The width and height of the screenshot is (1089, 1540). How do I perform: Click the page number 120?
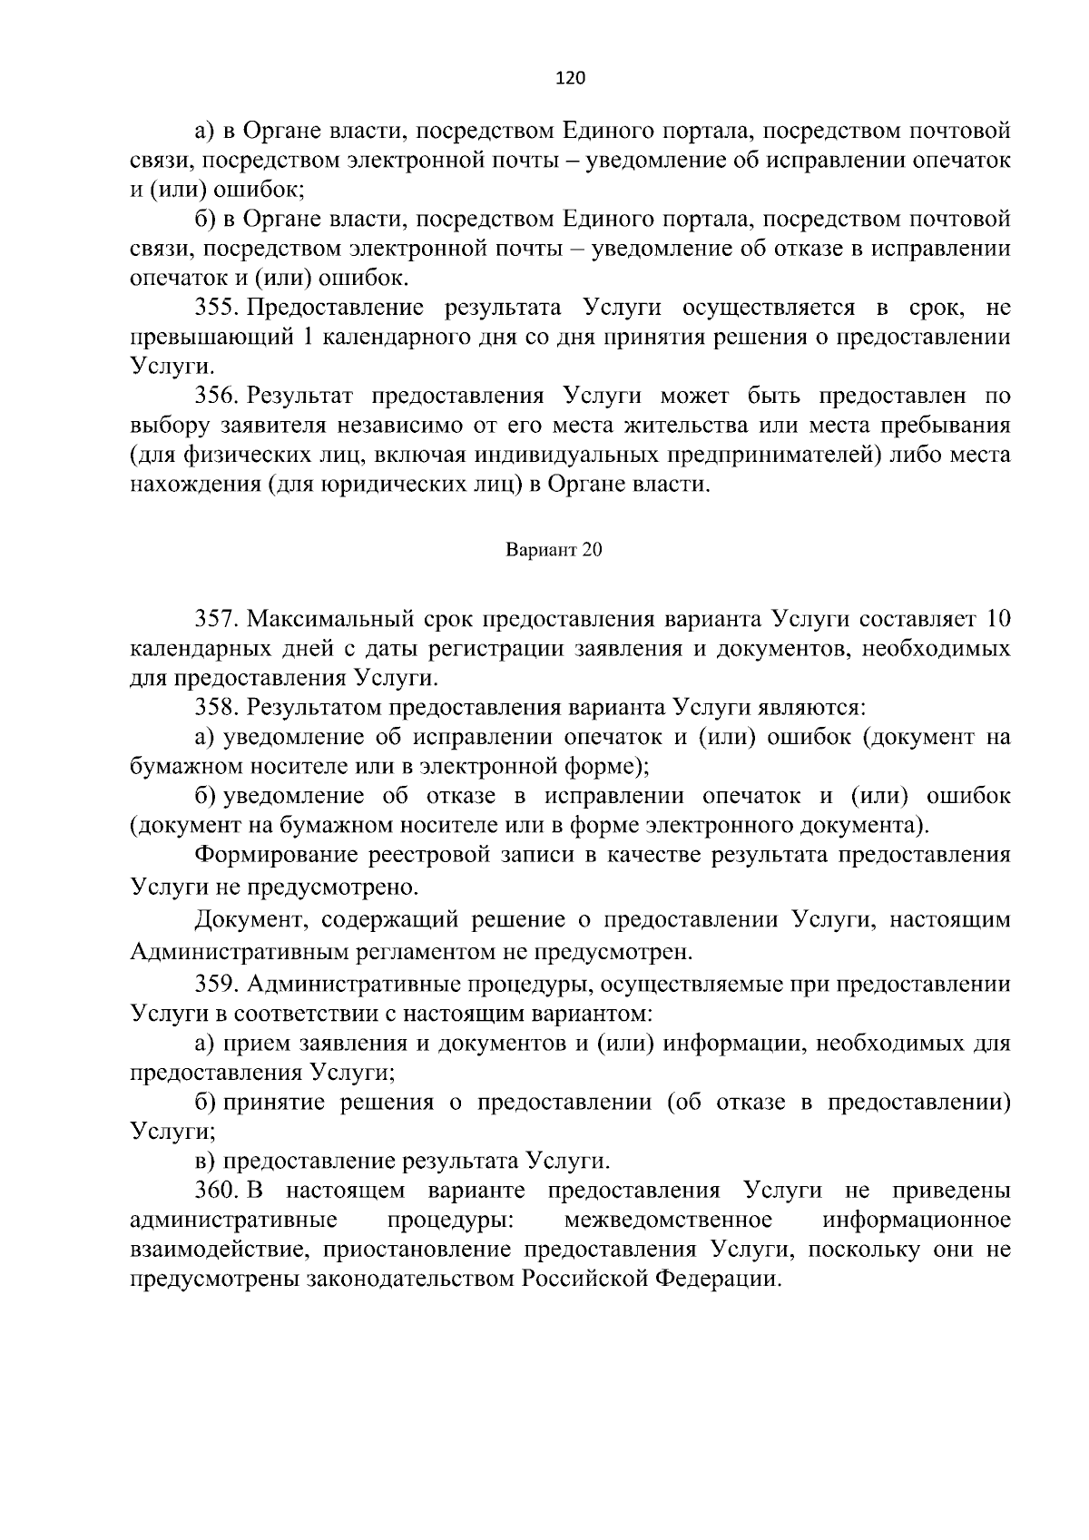[x=570, y=78]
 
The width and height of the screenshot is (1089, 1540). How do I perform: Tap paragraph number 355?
[x=216, y=308]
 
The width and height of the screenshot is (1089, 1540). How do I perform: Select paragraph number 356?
[x=216, y=397]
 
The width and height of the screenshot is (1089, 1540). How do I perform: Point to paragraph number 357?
[x=216, y=619]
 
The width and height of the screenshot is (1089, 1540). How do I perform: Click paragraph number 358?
[x=216, y=707]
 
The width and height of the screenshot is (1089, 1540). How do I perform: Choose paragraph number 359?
[x=216, y=984]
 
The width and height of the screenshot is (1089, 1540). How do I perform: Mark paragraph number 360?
[x=216, y=1190]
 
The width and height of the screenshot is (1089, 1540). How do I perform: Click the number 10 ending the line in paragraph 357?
[x=997, y=619]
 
